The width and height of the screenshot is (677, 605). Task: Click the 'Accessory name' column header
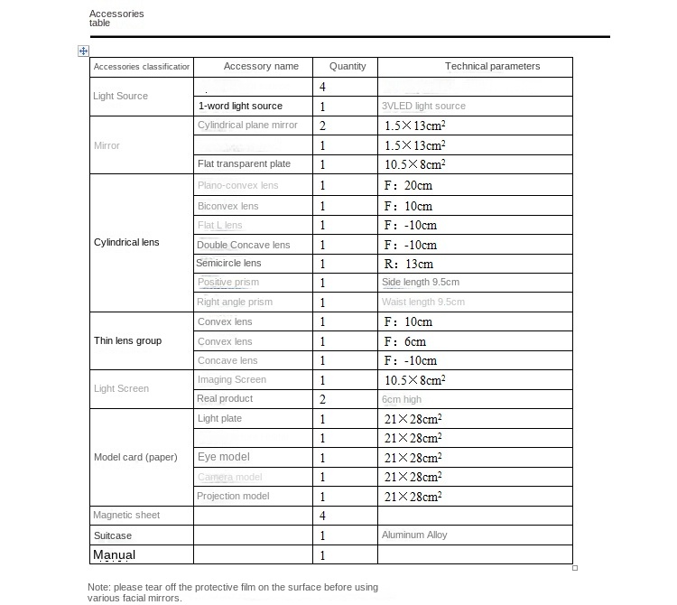click(x=261, y=67)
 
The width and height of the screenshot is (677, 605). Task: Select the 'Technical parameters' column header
click(x=492, y=67)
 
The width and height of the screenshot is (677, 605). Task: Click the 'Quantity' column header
click(x=348, y=67)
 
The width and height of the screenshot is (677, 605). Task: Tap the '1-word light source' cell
click(x=240, y=107)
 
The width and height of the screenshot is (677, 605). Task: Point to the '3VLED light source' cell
click(x=424, y=107)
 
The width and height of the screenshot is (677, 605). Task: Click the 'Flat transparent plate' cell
click(x=244, y=164)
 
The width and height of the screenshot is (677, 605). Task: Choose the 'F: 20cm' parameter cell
click(x=408, y=186)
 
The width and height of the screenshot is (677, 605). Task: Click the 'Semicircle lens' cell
click(x=229, y=264)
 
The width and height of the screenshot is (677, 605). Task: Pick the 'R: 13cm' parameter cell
click(x=408, y=265)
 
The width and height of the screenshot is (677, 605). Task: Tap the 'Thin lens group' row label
click(x=128, y=341)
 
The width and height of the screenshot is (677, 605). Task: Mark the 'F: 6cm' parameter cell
click(x=404, y=342)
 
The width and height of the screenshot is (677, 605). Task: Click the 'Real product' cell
click(x=225, y=399)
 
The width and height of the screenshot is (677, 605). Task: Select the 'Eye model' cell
click(x=224, y=457)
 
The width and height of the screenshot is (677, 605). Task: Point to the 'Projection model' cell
click(x=233, y=497)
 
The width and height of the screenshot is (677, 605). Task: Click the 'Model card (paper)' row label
click(x=135, y=457)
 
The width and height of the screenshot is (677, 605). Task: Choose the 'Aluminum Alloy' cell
click(x=414, y=535)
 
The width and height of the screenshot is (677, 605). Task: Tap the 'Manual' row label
click(x=114, y=555)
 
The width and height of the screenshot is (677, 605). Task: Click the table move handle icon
click(x=83, y=51)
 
